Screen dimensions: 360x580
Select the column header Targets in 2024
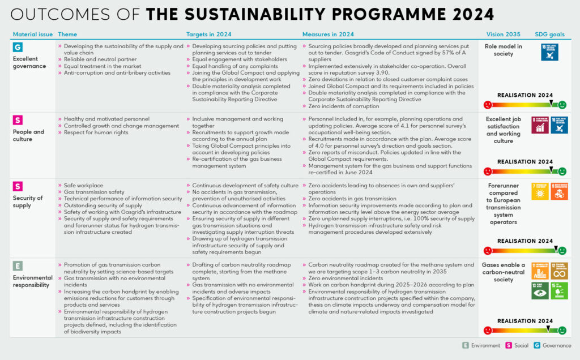pos(208,35)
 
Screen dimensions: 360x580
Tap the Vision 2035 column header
pos(504,35)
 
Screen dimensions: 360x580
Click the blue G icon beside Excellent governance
pos(18,48)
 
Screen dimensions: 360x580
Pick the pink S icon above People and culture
pos(18,120)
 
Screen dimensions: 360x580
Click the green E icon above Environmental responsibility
pos(18,265)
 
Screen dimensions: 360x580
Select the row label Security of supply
pos(28,202)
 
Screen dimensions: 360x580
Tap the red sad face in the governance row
pos(487,105)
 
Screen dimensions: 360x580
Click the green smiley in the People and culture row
pos(562,172)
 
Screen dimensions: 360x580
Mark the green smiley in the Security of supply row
pos(562,250)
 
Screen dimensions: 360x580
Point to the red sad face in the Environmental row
pos(487,330)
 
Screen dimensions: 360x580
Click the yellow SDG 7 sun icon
pos(540,191)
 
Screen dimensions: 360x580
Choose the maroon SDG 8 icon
pos(540,125)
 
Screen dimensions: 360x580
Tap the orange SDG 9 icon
pos(559,191)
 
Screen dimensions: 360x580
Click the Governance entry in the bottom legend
pos(553,345)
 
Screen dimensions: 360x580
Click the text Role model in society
pos(504,50)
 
